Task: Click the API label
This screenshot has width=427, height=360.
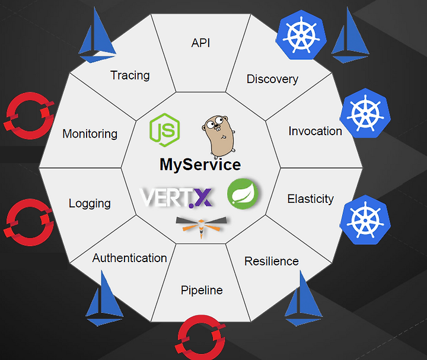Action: tap(200, 43)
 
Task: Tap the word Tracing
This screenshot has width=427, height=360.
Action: tap(130, 75)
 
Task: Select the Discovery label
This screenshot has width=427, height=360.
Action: tap(272, 79)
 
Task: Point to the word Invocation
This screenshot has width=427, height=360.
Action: tap(315, 131)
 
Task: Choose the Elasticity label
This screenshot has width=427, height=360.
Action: tap(310, 199)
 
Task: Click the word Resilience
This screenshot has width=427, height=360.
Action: tap(272, 262)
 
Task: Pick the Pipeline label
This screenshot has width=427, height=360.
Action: tap(202, 291)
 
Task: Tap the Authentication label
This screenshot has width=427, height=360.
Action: tap(130, 258)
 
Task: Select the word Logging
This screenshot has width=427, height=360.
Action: tap(90, 203)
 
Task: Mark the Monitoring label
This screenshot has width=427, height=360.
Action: tap(90, 134)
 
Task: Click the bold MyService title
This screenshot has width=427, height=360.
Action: tap(200, 165)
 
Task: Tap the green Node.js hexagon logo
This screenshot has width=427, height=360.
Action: tap(165, 130)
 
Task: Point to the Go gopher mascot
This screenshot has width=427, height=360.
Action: tap(219, 137)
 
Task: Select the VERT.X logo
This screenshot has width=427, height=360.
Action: tap(176, 197)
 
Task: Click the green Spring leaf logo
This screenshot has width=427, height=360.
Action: tap(243, 193)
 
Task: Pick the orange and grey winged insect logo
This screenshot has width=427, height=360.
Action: tap(201, 226)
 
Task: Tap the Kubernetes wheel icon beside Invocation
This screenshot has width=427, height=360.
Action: tap(365, 113)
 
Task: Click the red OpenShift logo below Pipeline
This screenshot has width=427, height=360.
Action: tap(200, 337)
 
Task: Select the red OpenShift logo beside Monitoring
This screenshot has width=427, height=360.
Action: tap(29, 116)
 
